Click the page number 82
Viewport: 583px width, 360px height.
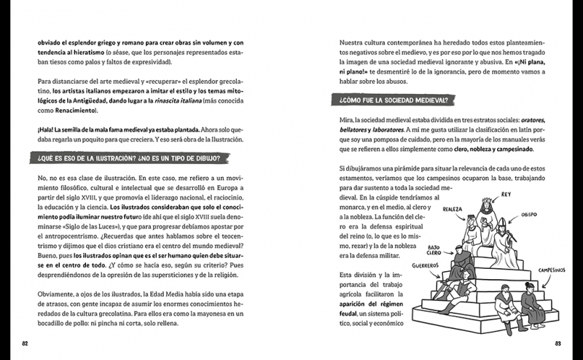(25, 343)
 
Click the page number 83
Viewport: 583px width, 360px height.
(557, 343)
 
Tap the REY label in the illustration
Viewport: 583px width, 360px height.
(506, 195)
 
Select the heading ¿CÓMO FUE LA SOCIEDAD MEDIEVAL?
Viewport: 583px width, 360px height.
(392, 100)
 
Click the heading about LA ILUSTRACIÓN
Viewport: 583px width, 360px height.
(127, 157)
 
